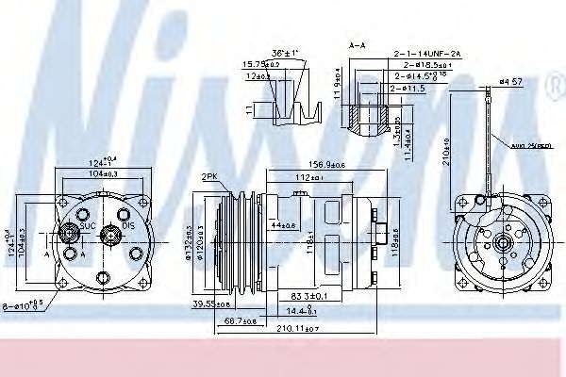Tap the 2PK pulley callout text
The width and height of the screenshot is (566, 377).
209,175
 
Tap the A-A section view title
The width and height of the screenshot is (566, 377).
358,43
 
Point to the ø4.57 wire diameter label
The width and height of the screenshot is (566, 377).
510,83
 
